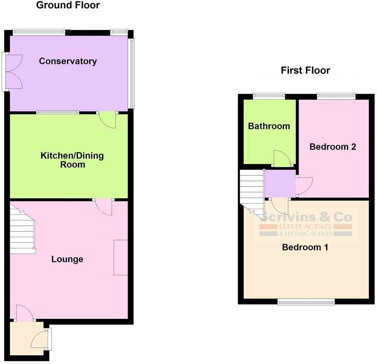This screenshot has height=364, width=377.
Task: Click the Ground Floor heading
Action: click(x=68, y=5)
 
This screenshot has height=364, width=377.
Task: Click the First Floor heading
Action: click(x=305, y=70)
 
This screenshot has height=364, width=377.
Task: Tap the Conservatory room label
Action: click(x=68, y=61)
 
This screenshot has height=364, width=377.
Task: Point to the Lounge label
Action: click(x=67, y=259)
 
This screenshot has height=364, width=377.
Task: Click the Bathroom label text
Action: click(x=269, y=126)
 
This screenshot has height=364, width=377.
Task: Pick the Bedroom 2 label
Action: click(x=333, y=147)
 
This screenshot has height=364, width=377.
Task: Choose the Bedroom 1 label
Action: click(x=305, y=247)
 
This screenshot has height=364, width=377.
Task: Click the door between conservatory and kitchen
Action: click(x=108, y=120)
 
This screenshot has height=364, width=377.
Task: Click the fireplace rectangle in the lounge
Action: click(x=121, y=258)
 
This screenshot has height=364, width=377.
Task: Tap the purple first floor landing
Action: click(x=280, y=184)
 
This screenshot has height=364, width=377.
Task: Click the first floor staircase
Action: click(x=252, y=192)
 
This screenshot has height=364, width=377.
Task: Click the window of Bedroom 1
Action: click(x=306, y=302)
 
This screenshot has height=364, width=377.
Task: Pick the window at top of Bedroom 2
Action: click(x=336, y=97)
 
